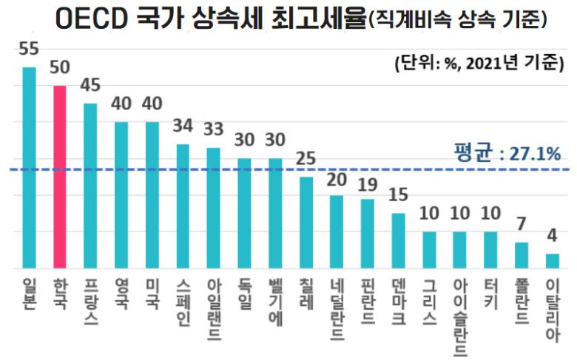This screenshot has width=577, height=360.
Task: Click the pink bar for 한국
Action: click(60, 177)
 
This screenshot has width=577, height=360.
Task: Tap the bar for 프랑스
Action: click(90, 186)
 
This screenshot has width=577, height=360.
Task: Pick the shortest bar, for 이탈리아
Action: click(552, 261)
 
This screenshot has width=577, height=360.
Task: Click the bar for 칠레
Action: click(306, 223)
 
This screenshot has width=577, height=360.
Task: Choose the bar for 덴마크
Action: click(398, 240)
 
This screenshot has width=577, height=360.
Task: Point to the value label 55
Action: click(29, 50)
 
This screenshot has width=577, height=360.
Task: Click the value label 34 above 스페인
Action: click(183, 126)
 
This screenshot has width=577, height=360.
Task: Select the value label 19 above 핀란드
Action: click(367, 183)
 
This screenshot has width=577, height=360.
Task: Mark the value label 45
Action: click(90, 86)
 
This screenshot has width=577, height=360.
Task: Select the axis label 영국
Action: click(121, 291)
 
